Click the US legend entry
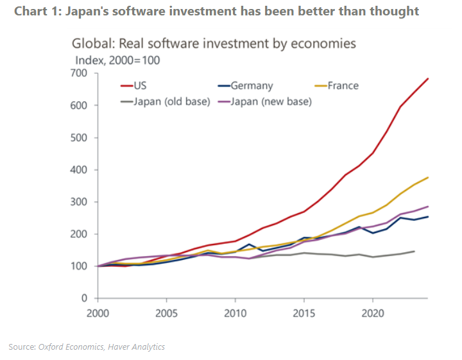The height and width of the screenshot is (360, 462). click(x=140, y=85)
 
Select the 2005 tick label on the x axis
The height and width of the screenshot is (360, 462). click(x=166, y=316)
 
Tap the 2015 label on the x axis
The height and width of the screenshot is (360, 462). click(x=304, y=316)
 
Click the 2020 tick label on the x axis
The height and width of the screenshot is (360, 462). click(x=373, y=316)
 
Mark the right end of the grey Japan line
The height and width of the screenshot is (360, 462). click(x=414, y=251)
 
